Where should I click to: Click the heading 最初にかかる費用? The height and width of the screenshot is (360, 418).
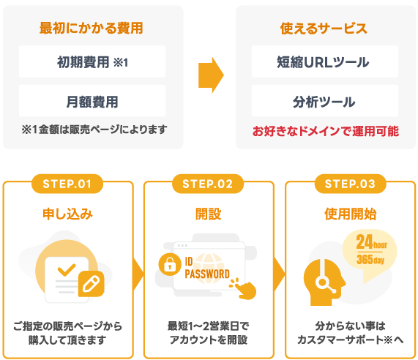coord(92,29)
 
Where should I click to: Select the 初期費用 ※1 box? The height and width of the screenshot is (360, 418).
coord(92,61)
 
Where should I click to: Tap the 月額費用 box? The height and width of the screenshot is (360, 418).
coord(92,101)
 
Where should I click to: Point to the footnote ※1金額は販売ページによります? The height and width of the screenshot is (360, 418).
coord(94,130)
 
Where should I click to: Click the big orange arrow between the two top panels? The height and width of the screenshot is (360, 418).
coord(211,75)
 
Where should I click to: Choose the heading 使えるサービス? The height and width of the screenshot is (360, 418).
coord(324,29)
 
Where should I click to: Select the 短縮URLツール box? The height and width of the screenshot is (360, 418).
coord(325,61)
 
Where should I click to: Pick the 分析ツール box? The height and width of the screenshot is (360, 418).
coord(325,101)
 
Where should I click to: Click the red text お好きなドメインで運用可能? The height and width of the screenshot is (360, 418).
coord(326,131)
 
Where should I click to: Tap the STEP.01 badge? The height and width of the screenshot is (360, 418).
coord(67,184)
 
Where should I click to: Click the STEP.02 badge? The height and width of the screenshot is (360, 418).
coord(208,184)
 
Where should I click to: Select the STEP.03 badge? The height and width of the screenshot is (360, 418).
coord(351,184)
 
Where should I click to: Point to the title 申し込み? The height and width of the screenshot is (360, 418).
coord(67,214)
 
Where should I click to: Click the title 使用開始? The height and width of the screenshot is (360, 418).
coord(351,214)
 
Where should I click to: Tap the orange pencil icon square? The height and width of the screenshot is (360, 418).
coord(92,284)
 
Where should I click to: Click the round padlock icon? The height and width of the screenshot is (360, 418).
coord(170,264)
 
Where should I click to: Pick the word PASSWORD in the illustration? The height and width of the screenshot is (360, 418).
coord(207,274)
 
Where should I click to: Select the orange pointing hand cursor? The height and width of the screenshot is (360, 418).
coord(244,289)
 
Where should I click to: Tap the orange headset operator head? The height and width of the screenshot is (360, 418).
coord(324,282)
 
